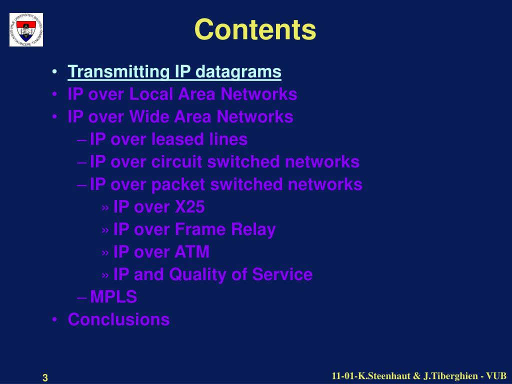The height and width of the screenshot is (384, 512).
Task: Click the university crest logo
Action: point(26,30)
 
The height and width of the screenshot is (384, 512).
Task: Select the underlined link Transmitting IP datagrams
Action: point(174,72)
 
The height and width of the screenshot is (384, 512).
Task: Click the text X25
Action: point(189,207)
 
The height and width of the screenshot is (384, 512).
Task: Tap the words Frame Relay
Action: point(225,229)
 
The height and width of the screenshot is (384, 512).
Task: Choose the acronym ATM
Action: point(192,252)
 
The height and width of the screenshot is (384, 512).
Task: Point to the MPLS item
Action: point(113,297)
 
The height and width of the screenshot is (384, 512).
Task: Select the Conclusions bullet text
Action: point(118,319)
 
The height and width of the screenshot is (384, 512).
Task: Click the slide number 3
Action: point(45,378)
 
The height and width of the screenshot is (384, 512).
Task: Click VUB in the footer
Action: point(496,376)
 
